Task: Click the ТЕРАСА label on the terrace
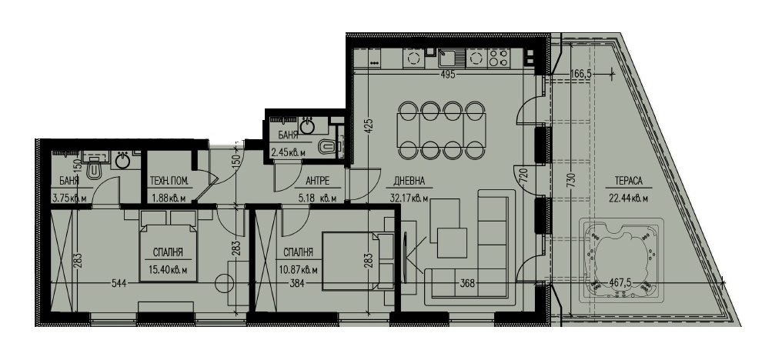[628, 181]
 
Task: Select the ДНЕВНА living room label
[409, 181]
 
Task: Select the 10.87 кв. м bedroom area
[300, 270]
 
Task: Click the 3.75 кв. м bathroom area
[69, 199]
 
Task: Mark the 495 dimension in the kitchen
[447, 75]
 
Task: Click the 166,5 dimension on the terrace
[580, 74]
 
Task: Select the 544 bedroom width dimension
[119, 283]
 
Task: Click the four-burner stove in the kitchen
[498, 58]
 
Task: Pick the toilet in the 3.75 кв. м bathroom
[94, 170]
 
